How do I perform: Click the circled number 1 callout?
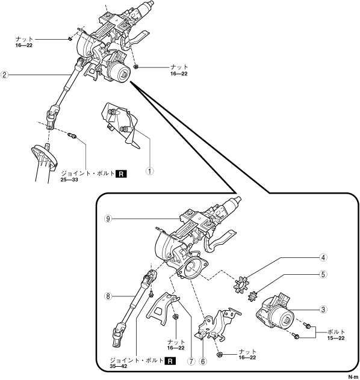[150, 171]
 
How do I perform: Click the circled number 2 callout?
[4, 75]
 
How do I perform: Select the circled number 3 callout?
[323, 310]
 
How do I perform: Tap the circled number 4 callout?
[323, 257]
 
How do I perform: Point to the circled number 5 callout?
[323, 274]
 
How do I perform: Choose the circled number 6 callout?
[203, 361]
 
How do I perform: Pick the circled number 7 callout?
[191, 361]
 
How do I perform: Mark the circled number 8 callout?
[108, 296]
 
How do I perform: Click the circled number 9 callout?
[108, 219]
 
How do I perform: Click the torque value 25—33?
[69, 180]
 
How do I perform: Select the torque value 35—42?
[119, 366]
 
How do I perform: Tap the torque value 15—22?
[336, 338]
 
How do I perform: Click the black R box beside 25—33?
[121, 174]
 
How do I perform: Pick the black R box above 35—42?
[170, 361]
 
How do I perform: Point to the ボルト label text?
[337, 332]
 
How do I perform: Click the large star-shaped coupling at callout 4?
[240, 284]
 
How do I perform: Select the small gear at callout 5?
[253, 296]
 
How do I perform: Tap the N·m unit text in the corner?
[354, 377]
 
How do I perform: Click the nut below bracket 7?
[175, 317]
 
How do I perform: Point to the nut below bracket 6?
[220, 355]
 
